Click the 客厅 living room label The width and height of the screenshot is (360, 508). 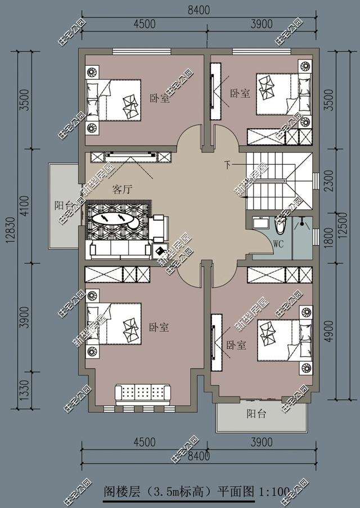pos(121,190)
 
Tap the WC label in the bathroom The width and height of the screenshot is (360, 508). pos(278,244)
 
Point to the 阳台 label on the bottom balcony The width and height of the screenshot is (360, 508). pos(256,415)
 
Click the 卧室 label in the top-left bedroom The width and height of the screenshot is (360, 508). pos(159,98)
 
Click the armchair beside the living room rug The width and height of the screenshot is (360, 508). pos(159,226)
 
